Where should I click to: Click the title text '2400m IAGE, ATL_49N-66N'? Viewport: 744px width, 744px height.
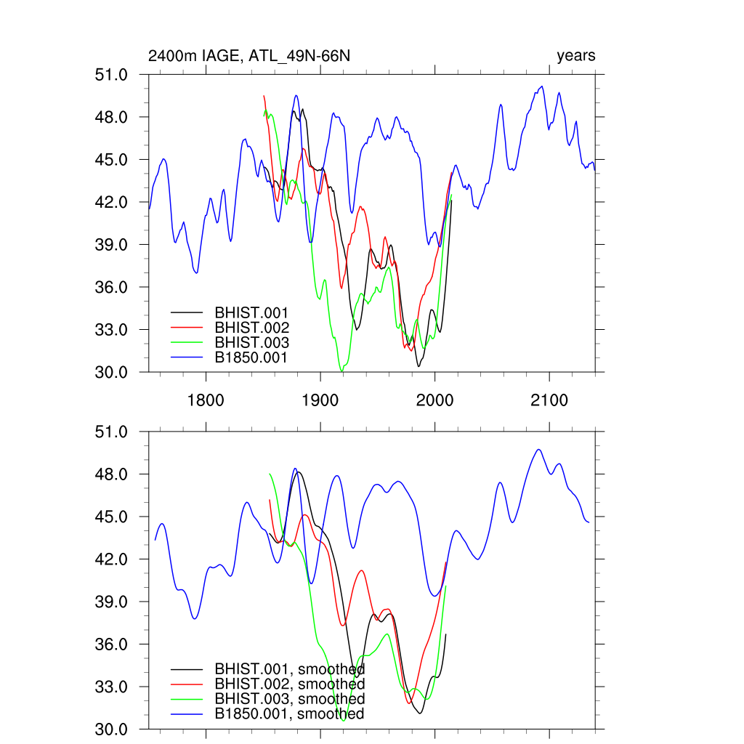point(249,56)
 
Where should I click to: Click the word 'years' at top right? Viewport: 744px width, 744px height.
point(575,56)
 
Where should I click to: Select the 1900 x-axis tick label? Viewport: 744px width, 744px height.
point(320,400)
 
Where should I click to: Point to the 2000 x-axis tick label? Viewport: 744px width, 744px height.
point(434,400)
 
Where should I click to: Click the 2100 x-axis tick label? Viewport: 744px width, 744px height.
point(549,400)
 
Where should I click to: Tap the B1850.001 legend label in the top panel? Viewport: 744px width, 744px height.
point(251,357)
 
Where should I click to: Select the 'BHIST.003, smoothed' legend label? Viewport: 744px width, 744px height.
point(289,699)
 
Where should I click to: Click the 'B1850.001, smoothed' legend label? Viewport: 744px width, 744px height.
point(289,714)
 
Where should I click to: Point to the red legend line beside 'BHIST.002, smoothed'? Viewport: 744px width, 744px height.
point(185,684)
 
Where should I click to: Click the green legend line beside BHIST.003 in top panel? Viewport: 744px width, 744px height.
point(185,343)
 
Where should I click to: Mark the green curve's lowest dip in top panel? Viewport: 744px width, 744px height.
point(341,371)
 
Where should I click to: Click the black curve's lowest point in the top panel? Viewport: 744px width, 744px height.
point(418,365)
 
